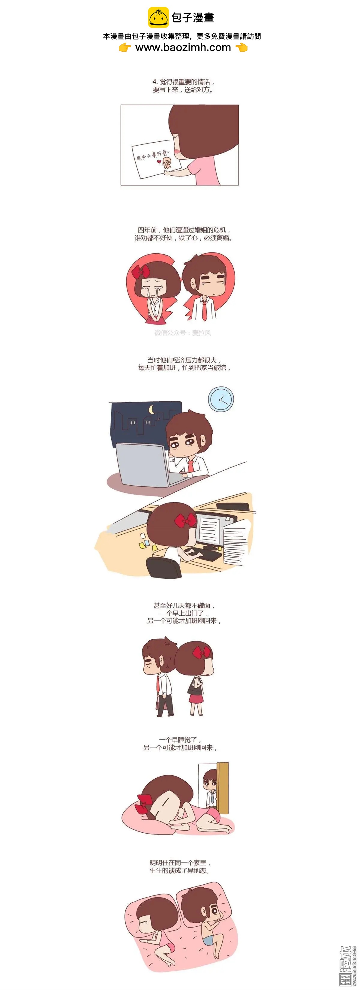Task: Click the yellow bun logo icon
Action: tap(158, 17)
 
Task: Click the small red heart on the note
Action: tap(159, 162)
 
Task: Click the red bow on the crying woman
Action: tap(141, 272)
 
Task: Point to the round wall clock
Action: tap(221, 399)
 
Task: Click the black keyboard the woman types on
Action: tap(202, 554)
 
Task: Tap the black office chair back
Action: tap(164, 567)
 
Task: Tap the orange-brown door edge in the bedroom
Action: tap(223, 788)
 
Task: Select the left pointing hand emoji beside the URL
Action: tap(125, 48)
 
